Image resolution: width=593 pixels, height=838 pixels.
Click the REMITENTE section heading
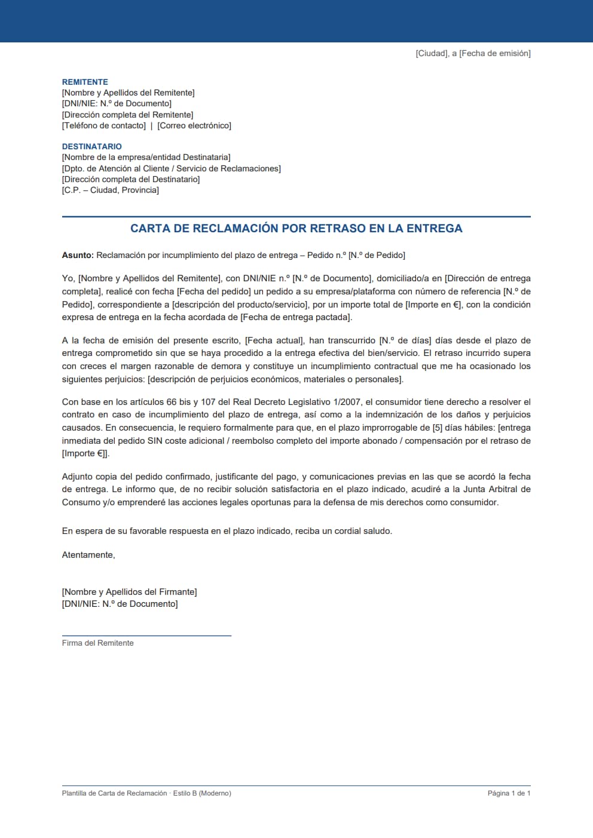85,82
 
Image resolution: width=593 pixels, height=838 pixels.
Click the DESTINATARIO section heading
91,146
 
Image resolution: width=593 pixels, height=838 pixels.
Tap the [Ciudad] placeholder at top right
432,53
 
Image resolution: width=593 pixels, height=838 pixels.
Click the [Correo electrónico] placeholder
194,125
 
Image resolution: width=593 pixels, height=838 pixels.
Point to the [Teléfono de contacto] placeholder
104,125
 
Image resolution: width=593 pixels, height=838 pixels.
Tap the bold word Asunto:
78,255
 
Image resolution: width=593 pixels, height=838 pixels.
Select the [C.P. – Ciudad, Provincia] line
111,190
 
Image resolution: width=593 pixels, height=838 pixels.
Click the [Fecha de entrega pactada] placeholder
296,317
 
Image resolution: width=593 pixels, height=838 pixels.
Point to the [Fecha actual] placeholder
274,340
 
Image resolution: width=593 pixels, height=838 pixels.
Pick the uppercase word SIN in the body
155,441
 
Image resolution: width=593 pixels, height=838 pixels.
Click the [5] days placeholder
438,428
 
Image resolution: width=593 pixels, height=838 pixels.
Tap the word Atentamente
88,555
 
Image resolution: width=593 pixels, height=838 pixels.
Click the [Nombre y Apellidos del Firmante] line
129,592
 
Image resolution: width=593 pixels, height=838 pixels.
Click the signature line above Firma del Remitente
146,636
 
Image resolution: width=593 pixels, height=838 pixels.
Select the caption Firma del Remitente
97,643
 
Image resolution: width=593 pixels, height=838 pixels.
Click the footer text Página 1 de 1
509,793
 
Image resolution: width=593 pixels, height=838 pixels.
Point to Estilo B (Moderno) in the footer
202,793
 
